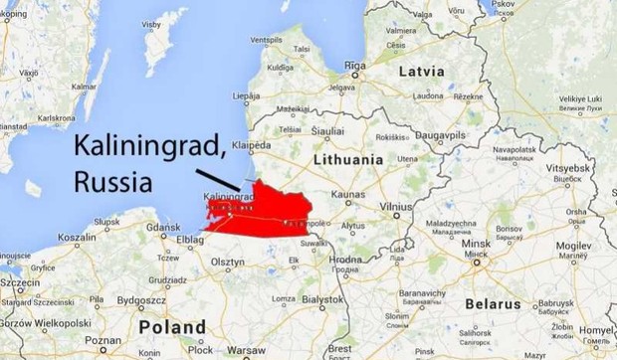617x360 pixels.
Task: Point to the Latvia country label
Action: [x=427, y=73]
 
